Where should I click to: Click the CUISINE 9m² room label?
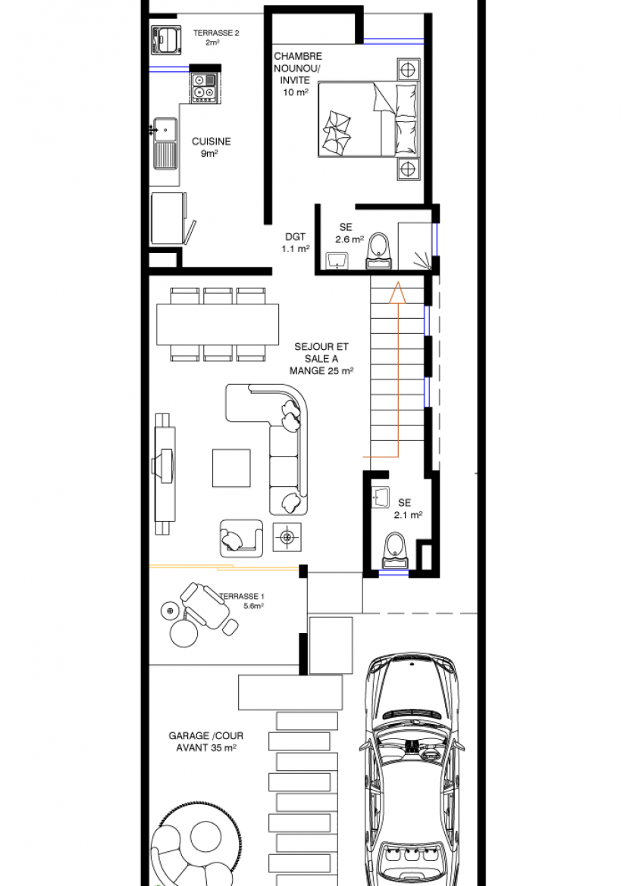211,147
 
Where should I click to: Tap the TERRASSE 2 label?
216,33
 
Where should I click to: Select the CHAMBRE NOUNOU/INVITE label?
298,74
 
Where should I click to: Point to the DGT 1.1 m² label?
296,242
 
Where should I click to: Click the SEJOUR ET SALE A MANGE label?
321,358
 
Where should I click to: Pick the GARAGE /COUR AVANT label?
206,741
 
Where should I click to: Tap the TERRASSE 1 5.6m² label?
242,601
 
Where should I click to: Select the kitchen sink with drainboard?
165,144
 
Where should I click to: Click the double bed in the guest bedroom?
368,119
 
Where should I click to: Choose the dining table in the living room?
218,324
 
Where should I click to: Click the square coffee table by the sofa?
231,468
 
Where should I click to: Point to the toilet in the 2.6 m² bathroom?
379,251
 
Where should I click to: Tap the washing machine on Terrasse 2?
166,39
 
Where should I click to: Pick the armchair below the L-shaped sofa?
242,538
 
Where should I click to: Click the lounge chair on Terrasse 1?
208,607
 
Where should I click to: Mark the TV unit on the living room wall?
164,473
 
